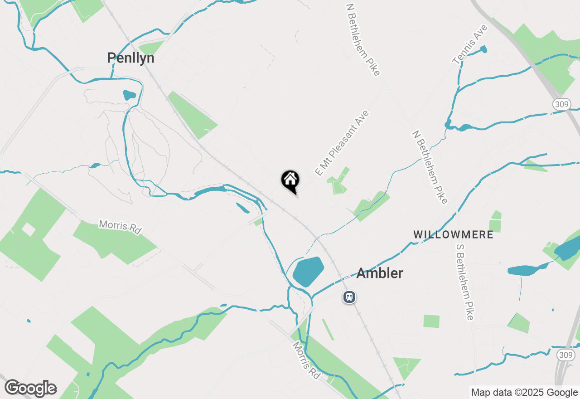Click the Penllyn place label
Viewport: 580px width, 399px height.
click(130, 58)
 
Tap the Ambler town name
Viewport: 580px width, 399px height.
click(379, 273)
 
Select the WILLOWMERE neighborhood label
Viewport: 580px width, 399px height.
click(453, 234)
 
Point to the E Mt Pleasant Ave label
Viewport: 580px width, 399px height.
click(342, 143)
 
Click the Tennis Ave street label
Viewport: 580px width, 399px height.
click(469, 44)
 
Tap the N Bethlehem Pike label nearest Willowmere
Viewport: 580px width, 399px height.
click(430, 167)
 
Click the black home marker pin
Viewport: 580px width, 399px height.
click(290, 180)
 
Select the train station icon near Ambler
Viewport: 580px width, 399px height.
click(349, 297)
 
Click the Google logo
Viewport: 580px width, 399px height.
click(30, 389)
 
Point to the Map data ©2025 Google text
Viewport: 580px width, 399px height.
click(524, 393)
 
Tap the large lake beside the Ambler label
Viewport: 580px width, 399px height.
click(308, 271)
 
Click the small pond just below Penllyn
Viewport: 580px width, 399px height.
click(129, 95)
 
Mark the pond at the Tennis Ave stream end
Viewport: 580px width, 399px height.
click(483, 49)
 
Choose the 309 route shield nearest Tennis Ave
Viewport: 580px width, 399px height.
click(561, 104)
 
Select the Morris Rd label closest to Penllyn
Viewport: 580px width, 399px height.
click(120, 227)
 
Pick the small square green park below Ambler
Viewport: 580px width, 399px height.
click(431, 321)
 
